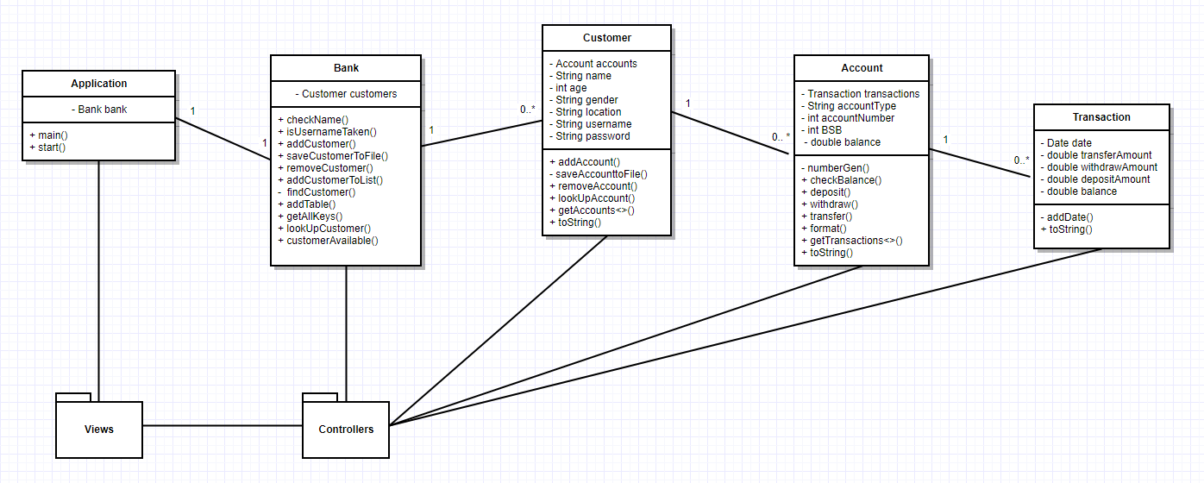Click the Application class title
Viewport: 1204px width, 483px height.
coord(98,84)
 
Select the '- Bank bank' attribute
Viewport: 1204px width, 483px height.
coord(98,110)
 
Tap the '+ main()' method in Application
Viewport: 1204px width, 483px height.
coord(48,135)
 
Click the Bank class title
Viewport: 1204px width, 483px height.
coord(346,68)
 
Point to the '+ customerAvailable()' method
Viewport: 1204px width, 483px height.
coord(328,241)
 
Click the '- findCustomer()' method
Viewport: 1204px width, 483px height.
coord(316,191)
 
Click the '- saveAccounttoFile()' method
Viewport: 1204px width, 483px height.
coord(598,174)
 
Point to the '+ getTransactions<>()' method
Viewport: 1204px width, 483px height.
coord(851,241)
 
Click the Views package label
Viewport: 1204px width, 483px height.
coord(98,429)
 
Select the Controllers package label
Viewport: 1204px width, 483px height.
coord(346,429)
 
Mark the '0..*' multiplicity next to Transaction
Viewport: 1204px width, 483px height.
coord(1021,160)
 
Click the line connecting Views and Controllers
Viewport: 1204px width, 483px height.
coord(223,425)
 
